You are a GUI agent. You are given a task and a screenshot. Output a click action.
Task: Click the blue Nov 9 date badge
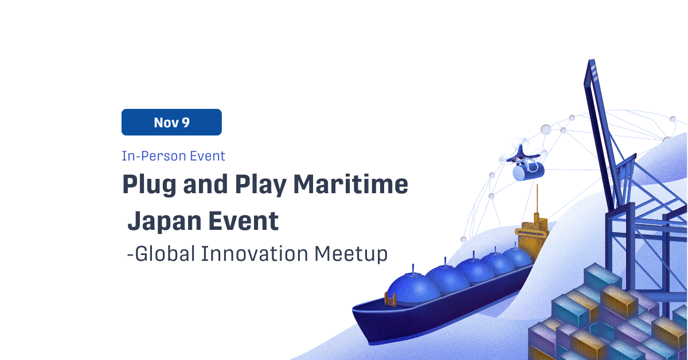171,122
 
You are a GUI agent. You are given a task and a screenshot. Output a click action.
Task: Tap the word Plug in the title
149,185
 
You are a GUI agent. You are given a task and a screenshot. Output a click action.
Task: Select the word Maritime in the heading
351,184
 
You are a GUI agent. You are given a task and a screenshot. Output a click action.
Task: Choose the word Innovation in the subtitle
255,254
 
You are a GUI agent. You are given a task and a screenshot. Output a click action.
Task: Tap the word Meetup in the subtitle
351,255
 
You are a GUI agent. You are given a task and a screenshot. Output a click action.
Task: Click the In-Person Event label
174,156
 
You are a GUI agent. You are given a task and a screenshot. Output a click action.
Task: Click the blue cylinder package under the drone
528,171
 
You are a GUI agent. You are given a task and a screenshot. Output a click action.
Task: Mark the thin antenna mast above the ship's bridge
537,199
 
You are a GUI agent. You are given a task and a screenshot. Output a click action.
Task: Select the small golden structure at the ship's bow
390,299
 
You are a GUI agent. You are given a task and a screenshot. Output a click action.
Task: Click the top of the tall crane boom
592,61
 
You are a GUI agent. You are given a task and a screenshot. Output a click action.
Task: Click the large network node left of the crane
546,130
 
